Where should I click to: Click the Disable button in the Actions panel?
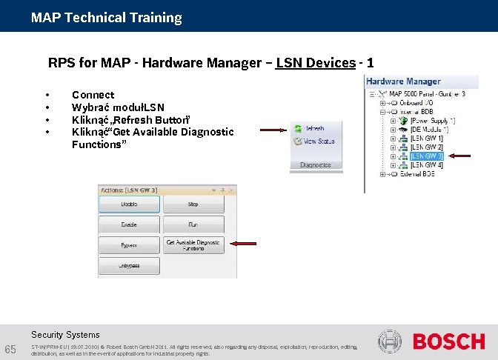pyautogui.click(x=129, y=204)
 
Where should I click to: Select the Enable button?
pyautogui.click(x=129, y=224)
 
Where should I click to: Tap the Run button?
pyautogui.click(x=193, y=224)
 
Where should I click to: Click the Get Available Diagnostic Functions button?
pyautogui.click(x=193, y=244)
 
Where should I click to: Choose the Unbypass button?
pyautogui.click(x=129, y=265)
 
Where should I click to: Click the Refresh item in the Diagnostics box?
pyautogui.click(x=313, y=128)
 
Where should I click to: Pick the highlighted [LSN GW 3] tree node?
pyautogui.click(x=427, y=156)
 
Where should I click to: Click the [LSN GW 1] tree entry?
pyautogui.click(x=427, y=139)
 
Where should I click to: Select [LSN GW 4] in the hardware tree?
pyautogui.click(x=427, y=165)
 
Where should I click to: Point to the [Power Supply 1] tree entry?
pyautogui.click(x=433, y=121)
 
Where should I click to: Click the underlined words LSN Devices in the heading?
pyautogui.click(x=315, y=63)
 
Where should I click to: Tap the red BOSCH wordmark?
pyautogui.click(x=449, y=341)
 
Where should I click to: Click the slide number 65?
pyautogui.click(x=11, y=350)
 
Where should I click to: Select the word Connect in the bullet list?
pyautogui.click(x=93, y=95)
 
